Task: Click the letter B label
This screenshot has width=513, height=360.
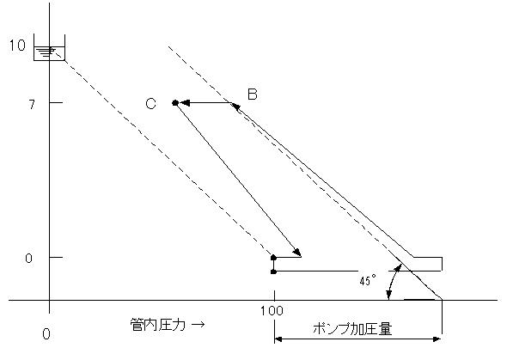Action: point(253,94)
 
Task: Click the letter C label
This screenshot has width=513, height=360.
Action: point(150,104)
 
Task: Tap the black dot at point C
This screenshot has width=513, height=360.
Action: point(175,103)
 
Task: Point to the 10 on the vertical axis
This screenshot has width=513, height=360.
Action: point(17,46)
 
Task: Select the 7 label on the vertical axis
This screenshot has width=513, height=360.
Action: point(32,105)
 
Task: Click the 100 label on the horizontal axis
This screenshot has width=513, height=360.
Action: point(272,310)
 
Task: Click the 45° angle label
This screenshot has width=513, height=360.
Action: point(368,280)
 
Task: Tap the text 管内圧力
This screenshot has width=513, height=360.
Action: point(157,325)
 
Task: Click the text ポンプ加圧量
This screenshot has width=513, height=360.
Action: point(352,328)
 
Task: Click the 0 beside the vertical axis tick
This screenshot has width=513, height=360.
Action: point(29,259)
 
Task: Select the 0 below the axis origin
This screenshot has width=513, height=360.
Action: point(46,334)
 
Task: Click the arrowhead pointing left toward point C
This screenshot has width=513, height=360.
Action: point(184,103)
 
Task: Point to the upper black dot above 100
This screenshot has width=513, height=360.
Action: point(274,258)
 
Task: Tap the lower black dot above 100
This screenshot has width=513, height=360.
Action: point(274,272)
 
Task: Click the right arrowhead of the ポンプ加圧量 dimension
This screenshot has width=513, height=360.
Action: point(437,339)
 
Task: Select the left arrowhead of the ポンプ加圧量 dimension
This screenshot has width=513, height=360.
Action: point(278,339)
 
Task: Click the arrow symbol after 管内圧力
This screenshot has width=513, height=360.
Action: point(198,325)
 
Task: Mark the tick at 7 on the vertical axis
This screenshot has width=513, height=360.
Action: point(56,103)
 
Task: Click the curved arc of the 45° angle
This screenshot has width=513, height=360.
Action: point(392,282)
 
